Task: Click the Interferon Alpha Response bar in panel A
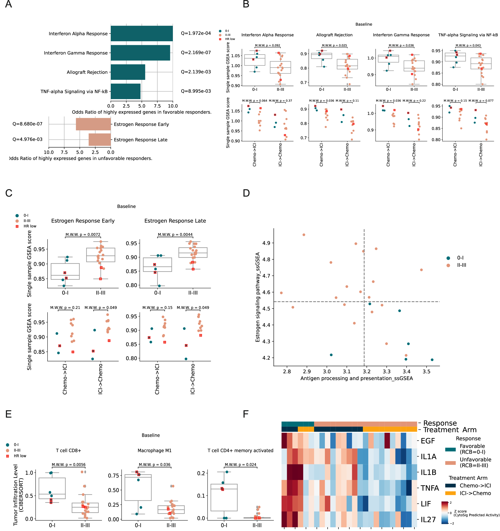pyautogui.click(x=142, y=33)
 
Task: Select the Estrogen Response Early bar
pyautogui.click(x=93, y=124)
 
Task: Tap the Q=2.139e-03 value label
pyautogui.click(x=196, y=72)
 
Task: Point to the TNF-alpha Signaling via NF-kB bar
pyautogui.click(x=125, y=91)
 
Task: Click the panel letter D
pyautogui.click(x=246, y=193)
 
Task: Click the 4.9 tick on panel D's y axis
pyautogui.click(x=266, y=243)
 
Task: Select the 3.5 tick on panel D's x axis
pyautogui.click(x=426, y=372)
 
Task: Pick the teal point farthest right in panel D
pyautogui.click(x=432, y=360)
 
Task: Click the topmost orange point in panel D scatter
pyautogui.click(x=304, y=235)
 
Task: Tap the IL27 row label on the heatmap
pyautogui.click(x=428, y=520)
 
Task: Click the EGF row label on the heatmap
pyautogui.click(x=427, y=441)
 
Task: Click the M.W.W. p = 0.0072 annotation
pyautogui.click(x=83, y=235)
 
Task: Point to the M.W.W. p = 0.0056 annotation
pyautogui.click(x=69, y=465)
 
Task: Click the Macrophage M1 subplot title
pyautogui.click(x=154, y=451)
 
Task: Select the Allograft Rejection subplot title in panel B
pyautogui.click(x=334, y=35)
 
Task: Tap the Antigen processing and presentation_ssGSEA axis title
pyautogui.click(x=356, y=378)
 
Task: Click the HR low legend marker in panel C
pyautogui.click(x=17, y=226)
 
